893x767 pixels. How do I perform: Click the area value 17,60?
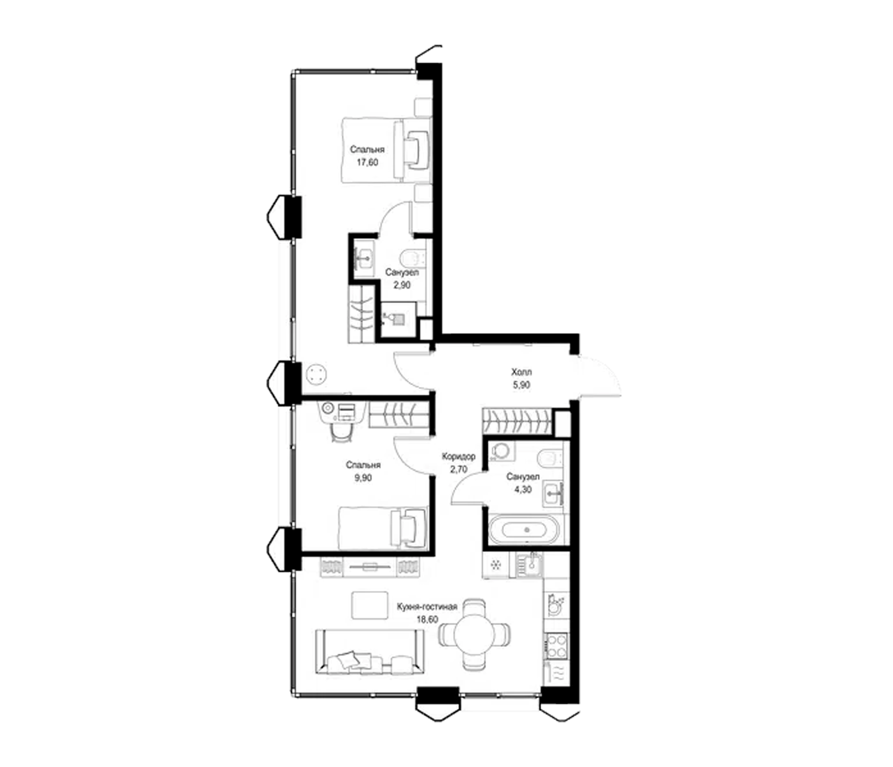click(x=367, y=163)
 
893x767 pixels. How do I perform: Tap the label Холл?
click(x=521, y=372)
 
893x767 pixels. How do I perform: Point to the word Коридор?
click(x=459, y=456)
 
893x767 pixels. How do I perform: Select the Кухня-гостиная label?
click(x=427, y=607)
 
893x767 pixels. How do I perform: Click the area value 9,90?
click(x=363, y=478)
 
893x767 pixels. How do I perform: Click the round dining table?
click(x=475, y=635)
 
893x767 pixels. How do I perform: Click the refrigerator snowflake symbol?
click(x=496, y=565)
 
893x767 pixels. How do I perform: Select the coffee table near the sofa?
click(x=370, y=605)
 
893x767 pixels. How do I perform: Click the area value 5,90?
click(x=521, y=385)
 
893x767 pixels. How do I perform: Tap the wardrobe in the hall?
click(x=517, y=421)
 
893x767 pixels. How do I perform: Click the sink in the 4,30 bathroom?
click(x=553, y=492)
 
